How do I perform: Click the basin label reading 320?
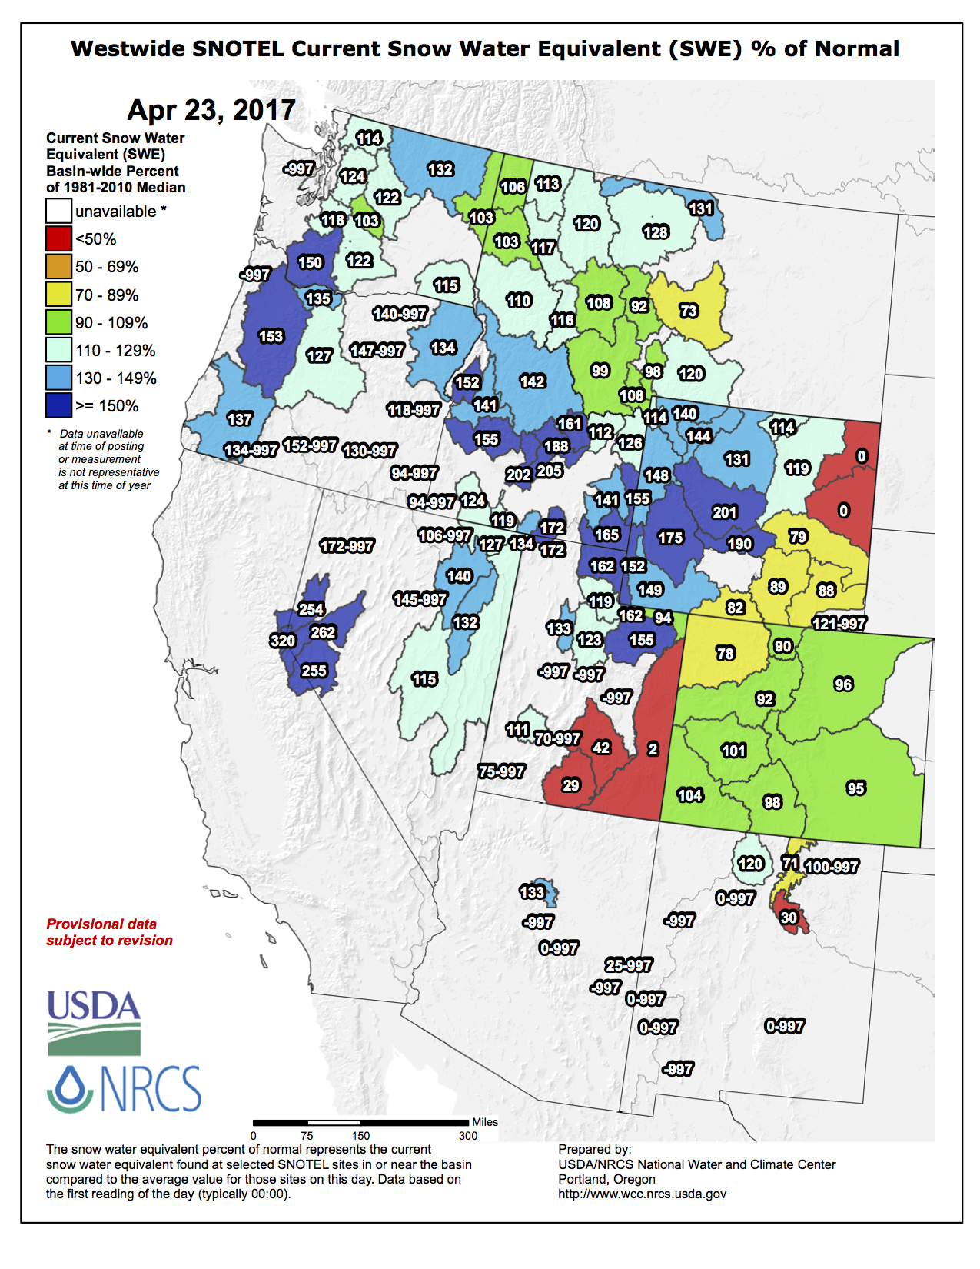coord(283,641)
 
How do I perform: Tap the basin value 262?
coord(323,632)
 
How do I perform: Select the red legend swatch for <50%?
coord(58,239)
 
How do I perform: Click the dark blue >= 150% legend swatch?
coord(58,406)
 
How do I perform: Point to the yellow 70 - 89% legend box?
coord(58,295)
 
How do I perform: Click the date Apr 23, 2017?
coord(211,110)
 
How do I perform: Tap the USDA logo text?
coord(94,1005)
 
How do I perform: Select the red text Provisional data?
coord(101,924)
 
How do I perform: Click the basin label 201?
coord(725,512)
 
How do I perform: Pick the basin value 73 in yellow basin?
coord(689,311)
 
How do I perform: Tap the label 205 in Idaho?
coord(550,471)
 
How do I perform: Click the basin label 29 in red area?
coord(571,785)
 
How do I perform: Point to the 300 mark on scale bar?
coord(468,1136)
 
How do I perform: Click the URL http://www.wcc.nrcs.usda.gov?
coord(642,1194)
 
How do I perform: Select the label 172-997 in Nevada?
coord(347,546)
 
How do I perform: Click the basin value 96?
coord(843,684)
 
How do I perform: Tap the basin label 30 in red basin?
coord(789,918)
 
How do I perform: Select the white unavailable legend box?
coord(58,211)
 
